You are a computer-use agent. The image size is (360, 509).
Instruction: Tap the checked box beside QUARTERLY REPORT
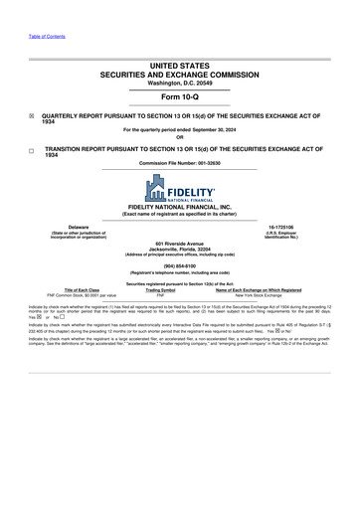[x=32, y=115]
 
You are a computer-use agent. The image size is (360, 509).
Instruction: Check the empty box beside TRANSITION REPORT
[x=32, y=149]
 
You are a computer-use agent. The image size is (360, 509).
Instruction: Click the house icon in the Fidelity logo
[x=157, y=187]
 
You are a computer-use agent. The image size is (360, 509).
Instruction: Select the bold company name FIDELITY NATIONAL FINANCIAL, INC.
[x=179, y=207]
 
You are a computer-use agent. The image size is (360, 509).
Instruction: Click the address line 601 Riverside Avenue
[x=179, y=244]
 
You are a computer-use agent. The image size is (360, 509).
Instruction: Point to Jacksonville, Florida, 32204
[x=179, y=250]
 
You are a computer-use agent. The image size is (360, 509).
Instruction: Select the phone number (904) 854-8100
[x=179, y=266]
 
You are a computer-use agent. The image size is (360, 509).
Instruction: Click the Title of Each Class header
[x=74, y=290]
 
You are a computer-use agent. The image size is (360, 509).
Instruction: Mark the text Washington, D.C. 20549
[x=179, y=81]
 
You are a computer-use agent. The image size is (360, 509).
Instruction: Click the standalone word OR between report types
[x=179, y=137]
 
